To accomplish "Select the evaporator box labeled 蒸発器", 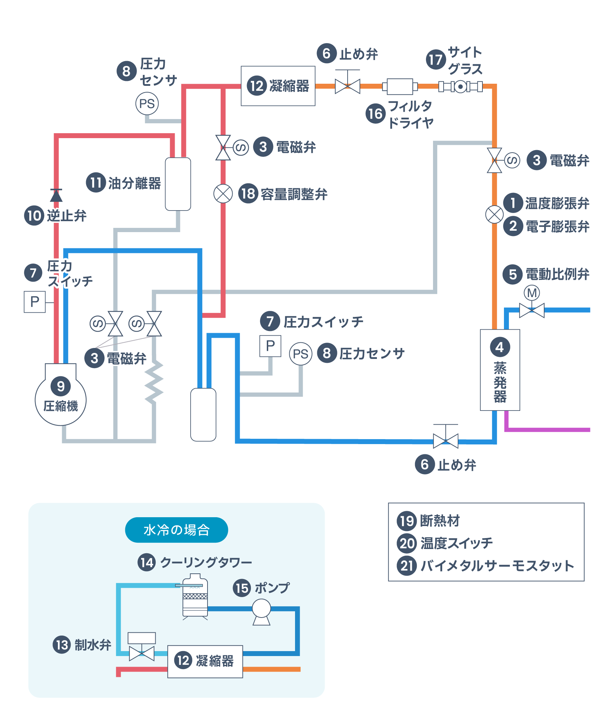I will pos(499,370).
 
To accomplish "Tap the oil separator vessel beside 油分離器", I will pos(178,184).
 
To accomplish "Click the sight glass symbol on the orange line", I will pos(460,86).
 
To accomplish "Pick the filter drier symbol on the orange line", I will pos(399,87).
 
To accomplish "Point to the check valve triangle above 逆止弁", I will pos(56,195).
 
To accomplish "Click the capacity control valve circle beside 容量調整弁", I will pos(223,194).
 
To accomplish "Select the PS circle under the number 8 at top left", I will pos(147,104).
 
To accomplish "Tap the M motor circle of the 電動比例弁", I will pos(531,293).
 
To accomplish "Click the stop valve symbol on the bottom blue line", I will pos(445,441).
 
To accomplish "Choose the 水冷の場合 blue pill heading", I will pos(176,530).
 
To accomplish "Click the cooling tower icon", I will pos(195,596).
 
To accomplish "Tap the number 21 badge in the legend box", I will pos(407,566).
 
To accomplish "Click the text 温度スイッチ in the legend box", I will pos(456,543).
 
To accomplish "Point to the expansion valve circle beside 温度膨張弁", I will pos(494,214).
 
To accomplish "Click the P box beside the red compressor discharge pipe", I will pos(35,302).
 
